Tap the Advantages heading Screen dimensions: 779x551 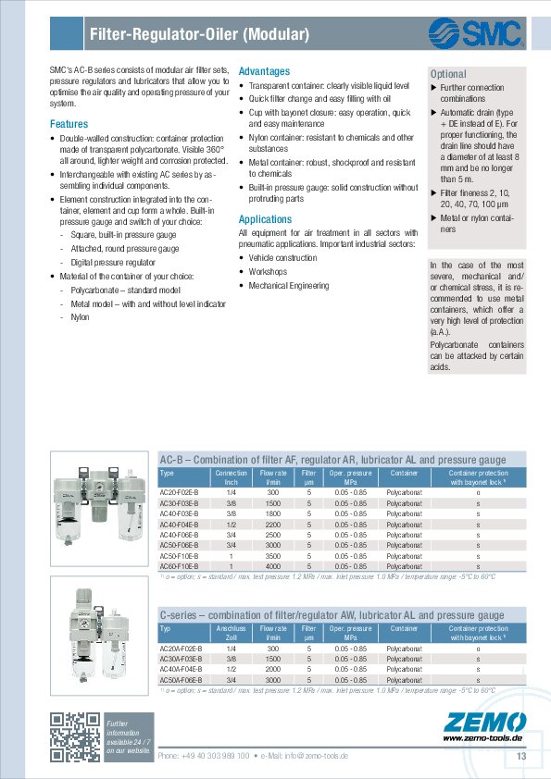tap(264, 71)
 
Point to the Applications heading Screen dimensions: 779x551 tap(265, 219)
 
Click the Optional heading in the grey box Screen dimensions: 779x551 tap(448, 74)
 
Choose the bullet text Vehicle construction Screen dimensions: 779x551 tap(282, 258)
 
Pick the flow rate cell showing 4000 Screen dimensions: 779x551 tap(273, 566)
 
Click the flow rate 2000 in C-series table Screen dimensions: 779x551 tap(273, 669)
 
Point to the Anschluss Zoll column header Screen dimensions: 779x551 tap(231, 633)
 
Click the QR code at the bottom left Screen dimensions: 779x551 tap(74, 736)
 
